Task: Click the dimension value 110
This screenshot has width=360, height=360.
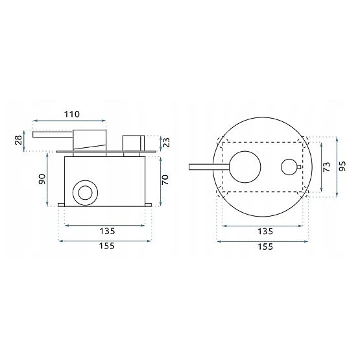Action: click(x=72, y=114)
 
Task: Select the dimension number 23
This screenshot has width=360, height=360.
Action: click(x=166, y=142)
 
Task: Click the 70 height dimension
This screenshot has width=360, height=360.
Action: click(x=166, y=179)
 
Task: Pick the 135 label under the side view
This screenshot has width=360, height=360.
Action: click(x=104, y=232)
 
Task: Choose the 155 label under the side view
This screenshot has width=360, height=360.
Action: click(x=104, y=246)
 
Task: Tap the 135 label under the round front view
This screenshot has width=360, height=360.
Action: click(x=265, y=232)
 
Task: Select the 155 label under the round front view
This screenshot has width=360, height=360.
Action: click(x=265, y=246)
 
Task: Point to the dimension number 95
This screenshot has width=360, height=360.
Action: click(x=344, y=167)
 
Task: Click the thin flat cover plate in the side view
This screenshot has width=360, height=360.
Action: click(x=107, y=152)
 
